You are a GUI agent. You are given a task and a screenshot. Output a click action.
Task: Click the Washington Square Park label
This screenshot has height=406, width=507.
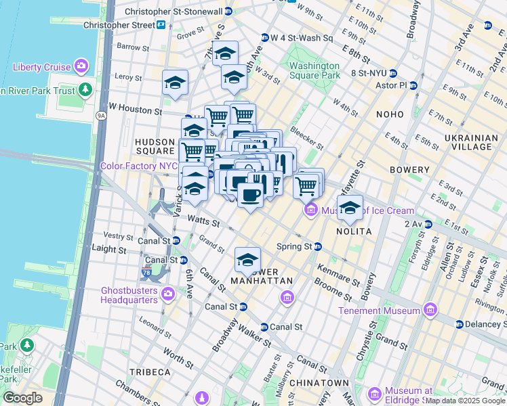[314, 71]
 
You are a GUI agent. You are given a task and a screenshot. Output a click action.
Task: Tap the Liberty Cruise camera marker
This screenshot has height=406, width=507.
[81, 66]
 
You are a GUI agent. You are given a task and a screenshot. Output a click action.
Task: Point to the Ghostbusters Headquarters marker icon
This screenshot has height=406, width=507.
[167, 294]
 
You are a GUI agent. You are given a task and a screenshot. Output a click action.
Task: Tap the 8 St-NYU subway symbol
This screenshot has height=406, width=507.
[392, 73]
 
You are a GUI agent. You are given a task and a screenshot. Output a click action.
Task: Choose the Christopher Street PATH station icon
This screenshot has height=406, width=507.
[161, 25]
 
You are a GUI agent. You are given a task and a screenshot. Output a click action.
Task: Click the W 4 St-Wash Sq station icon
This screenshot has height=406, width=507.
[264, 38]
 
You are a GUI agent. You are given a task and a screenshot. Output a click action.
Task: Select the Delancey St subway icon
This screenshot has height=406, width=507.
[459, 324]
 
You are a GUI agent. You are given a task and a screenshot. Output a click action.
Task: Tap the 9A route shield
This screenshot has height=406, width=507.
[102, 116]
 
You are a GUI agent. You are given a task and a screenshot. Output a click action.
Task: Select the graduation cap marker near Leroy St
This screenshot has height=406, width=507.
[175, 83]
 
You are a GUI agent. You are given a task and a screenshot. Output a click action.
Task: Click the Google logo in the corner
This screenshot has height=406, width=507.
[22, 398]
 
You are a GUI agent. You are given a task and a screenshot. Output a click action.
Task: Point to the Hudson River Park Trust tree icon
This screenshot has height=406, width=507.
[85, 90]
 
